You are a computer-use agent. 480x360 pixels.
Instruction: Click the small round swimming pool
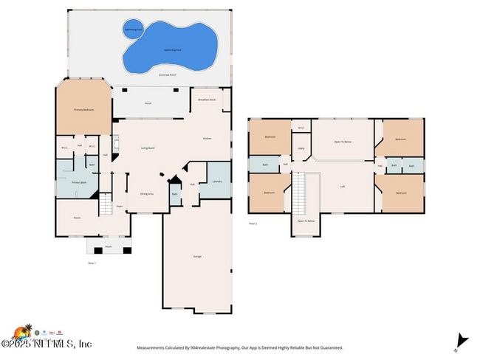click(132, 30)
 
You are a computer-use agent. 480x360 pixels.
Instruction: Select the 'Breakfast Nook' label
click(207, 100)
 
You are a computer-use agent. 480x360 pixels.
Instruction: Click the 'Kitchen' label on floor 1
click(208, 138)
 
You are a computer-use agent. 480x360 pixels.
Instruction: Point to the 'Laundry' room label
click(216, 181)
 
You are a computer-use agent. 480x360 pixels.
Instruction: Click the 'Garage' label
click(197, 256)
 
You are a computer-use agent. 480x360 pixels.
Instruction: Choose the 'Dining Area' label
click(146, 194)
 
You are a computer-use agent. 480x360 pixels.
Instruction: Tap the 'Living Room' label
click(148, 148)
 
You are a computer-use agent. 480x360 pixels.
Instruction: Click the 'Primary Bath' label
click(79, 181)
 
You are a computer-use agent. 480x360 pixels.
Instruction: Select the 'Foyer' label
click(120, 207)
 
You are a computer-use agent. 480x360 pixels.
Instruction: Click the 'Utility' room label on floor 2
click(301, 148)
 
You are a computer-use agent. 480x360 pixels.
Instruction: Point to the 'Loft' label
click(342, 186)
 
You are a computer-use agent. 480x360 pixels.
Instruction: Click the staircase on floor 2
click(300, 192)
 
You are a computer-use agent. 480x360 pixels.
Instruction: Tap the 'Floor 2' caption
click(253, 222)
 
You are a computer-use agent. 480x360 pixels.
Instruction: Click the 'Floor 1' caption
click(92, 263)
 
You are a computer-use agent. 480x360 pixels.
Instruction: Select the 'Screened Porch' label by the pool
click(168, 75)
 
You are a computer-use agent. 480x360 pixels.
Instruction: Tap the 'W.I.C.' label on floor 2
click(301, 128)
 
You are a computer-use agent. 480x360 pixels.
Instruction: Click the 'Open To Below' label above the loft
click(343, 142)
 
